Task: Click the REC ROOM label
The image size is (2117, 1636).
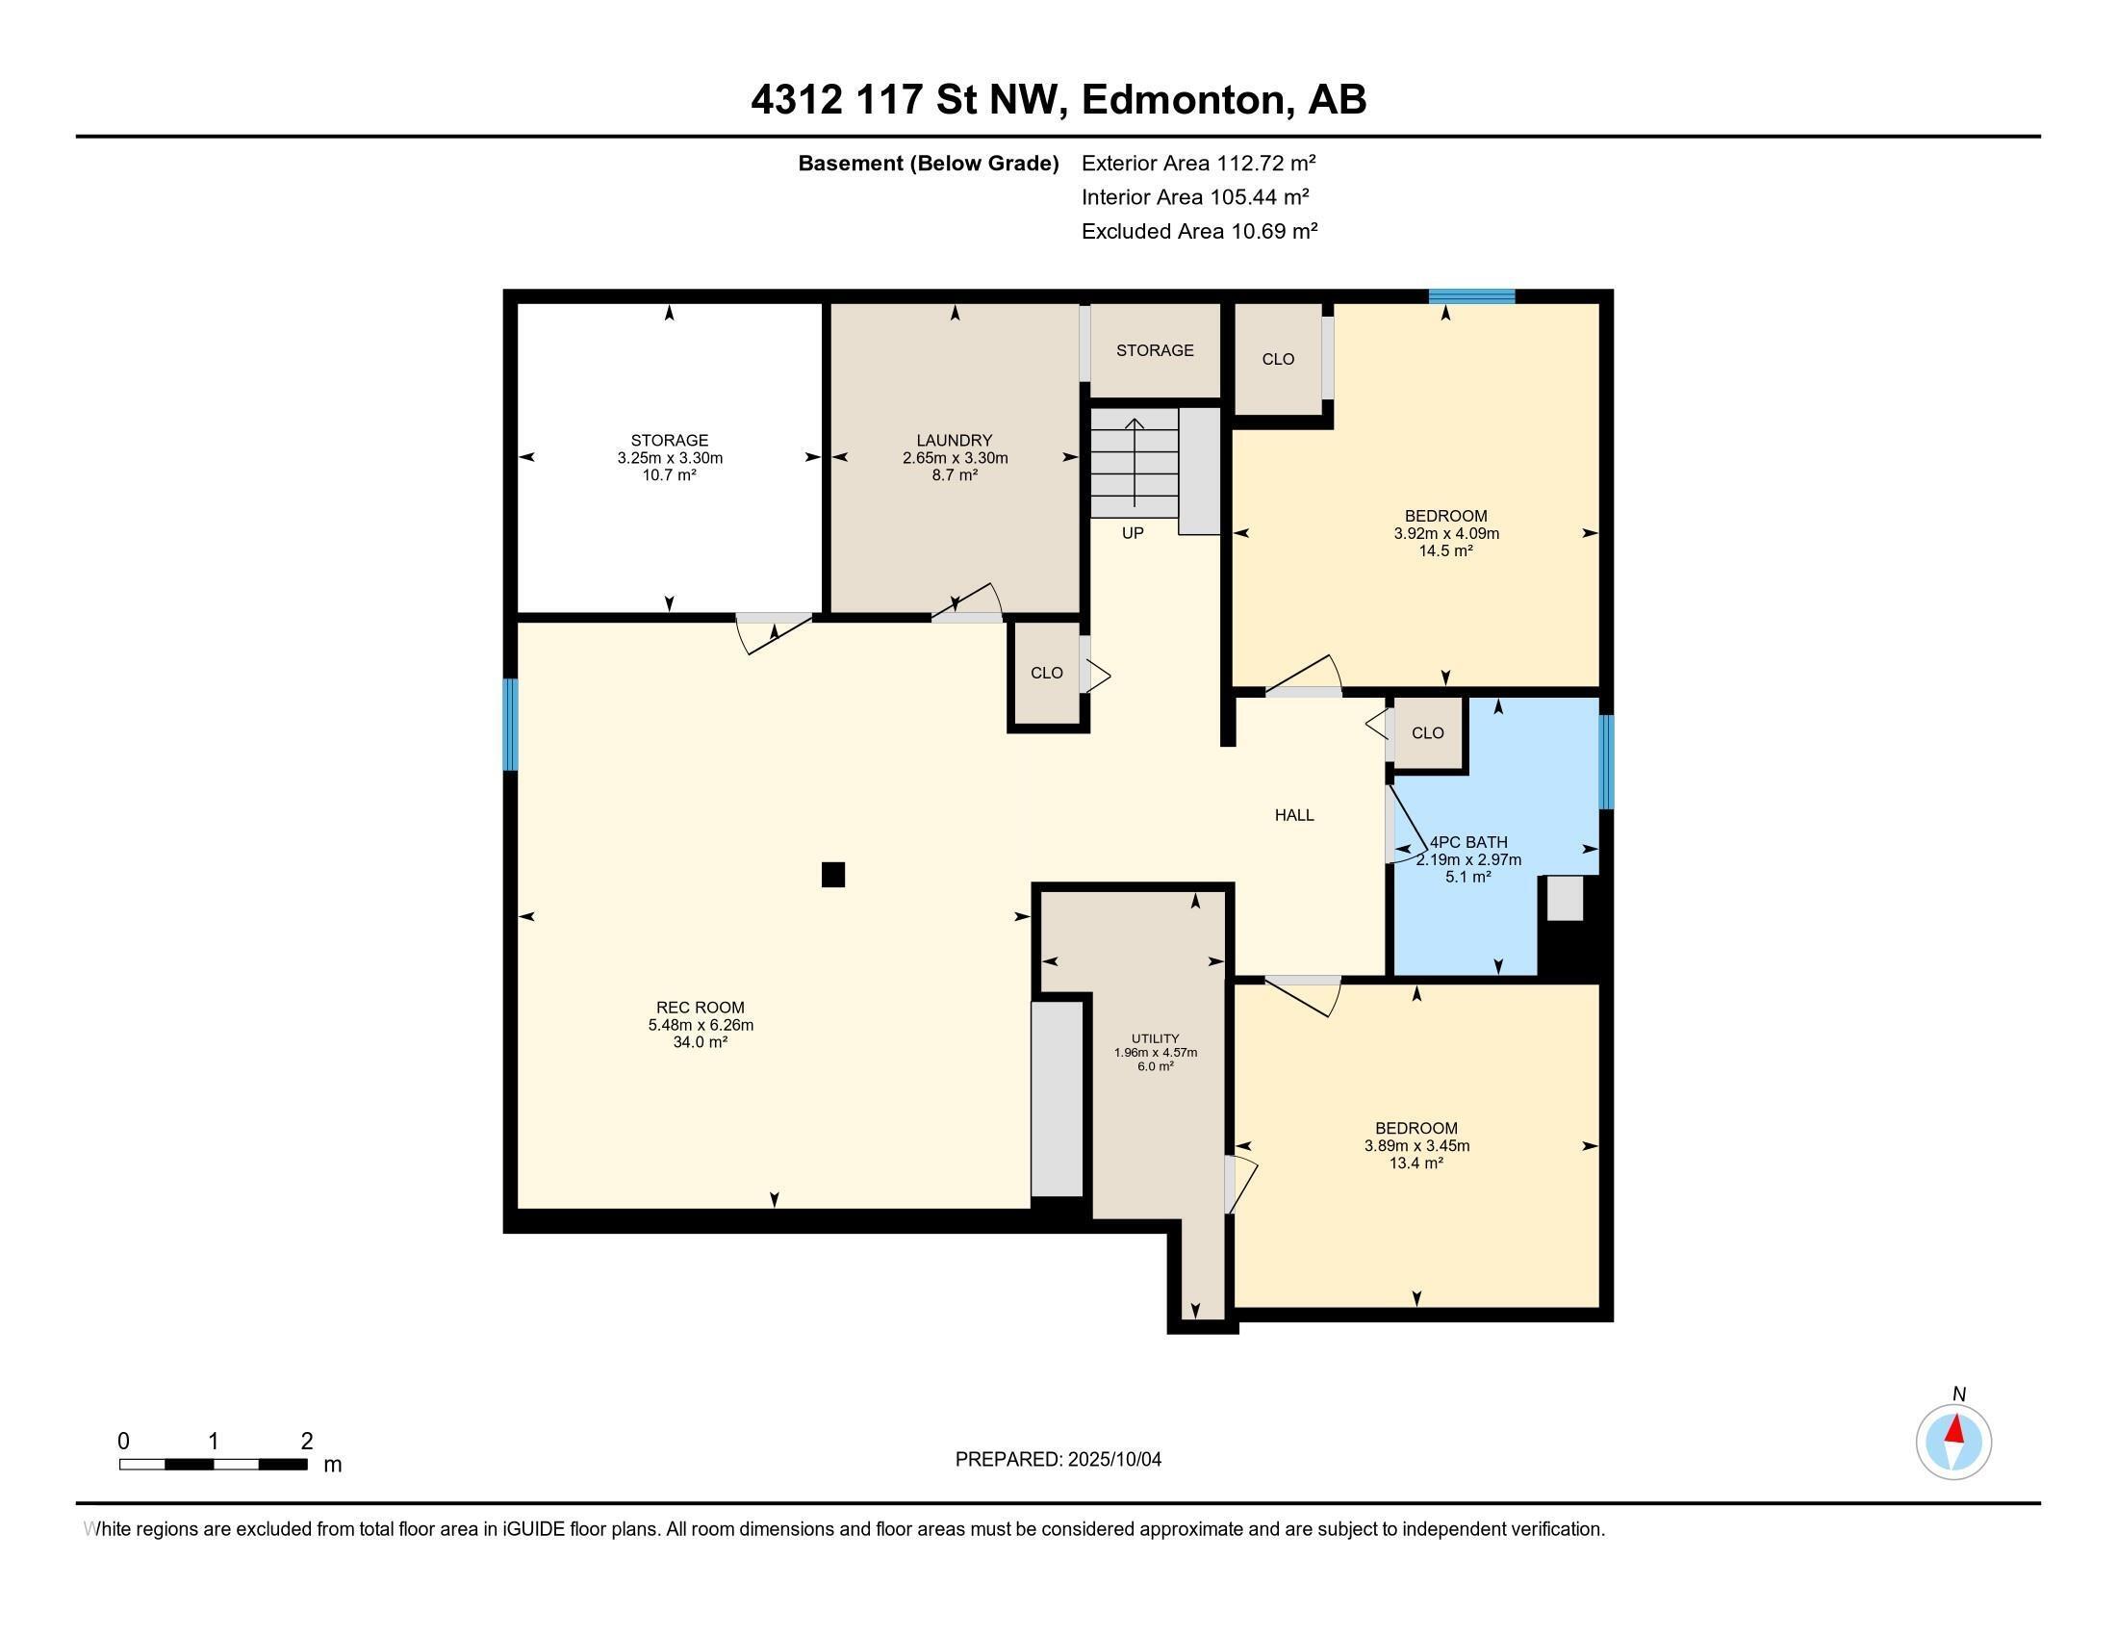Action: pos(700,1007)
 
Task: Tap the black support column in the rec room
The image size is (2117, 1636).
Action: pos(832,874)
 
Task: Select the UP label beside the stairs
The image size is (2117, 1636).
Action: pos(1133,533)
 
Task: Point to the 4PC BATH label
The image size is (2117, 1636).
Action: pos(1468,842)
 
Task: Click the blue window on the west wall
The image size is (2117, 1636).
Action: pos(510,724)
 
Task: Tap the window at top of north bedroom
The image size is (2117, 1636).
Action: pos(1470,296)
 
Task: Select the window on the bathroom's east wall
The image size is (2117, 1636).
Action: pos(1605,762)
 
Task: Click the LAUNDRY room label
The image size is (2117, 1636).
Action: pos(954,440)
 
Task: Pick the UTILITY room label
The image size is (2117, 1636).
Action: pos(1155,1038)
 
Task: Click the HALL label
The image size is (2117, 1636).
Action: pos(1294,815)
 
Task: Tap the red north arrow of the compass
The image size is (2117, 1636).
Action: pos(1956,1429)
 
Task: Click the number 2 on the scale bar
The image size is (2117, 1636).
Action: pos(306,1442)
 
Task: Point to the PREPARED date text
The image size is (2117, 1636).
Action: pos(1058,1460)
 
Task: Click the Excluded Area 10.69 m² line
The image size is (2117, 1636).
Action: pos(1199,232)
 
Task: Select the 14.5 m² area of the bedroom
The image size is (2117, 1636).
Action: pos(1445,550)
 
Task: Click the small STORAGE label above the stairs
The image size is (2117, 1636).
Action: pos(1155,350)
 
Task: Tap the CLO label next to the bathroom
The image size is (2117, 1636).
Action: pos(1427,732)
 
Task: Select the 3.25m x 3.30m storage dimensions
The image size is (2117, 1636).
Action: pos(670,457)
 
